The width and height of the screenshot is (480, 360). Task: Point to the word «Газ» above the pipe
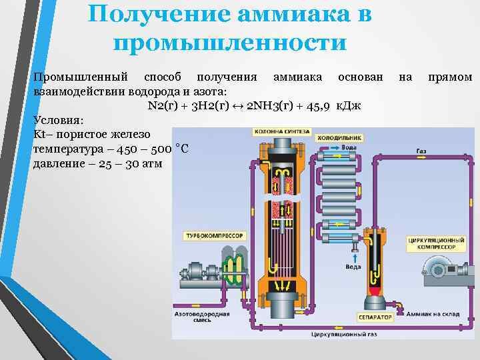pos(421,151)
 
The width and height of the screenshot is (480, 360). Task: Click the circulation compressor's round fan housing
pos(439,267)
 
